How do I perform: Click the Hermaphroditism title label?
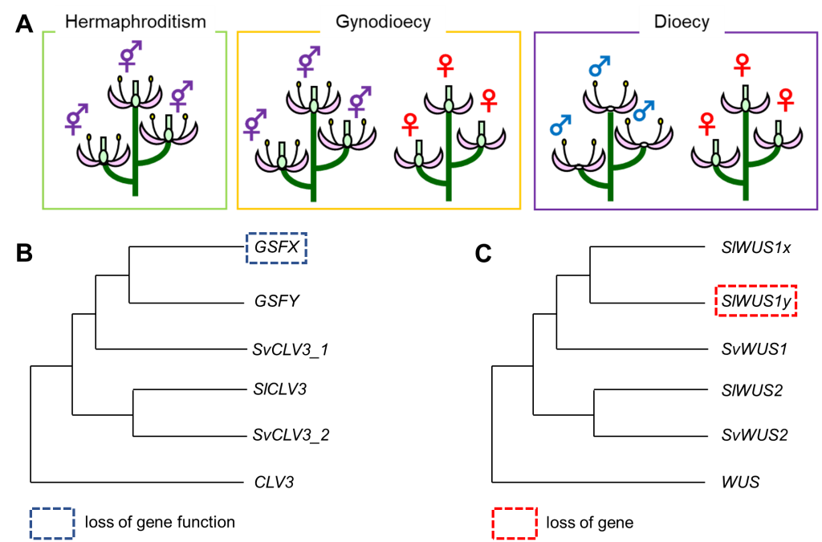click(x=135, y=22)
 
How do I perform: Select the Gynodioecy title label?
click(x=382, y=22)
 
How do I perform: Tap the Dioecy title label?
click(x=682, y=22)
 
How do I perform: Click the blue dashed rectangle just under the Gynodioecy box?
click(x=276, y=248)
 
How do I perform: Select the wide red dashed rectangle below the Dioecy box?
click(x=755, y=300)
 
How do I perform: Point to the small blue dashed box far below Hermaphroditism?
click(x=52, y=524)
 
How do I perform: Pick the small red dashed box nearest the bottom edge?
click(x=514, y=524)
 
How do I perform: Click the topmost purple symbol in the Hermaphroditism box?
click(x=130, y=56)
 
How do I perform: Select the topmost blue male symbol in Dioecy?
click(x=599, y=67)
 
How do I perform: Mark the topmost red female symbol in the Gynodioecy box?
click(x=446, y=65)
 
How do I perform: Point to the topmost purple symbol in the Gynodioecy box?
click(x=308, y=61)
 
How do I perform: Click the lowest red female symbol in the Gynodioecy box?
click(x=410, y=124)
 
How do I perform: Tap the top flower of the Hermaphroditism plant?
click(x=136, y=98)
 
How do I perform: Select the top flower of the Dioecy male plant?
click(x=610, y=104)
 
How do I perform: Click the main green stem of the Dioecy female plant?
click(x=746, y=161)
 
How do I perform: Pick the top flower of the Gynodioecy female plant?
click(x=449, y=103)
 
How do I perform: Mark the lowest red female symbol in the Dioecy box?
click(x=707, y=124)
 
